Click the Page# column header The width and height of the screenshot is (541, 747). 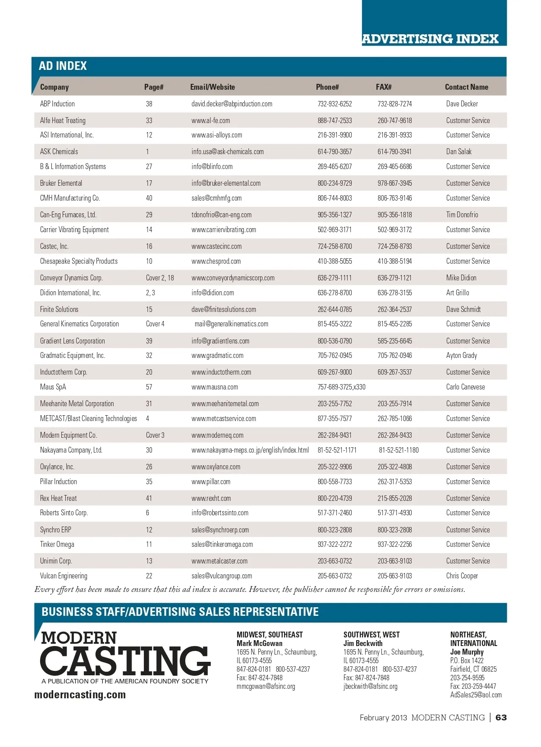[154, 87]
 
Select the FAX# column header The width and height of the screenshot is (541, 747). [384, 87]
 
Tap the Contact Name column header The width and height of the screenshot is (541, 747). [466, 87]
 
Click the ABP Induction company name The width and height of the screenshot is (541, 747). [57, 104]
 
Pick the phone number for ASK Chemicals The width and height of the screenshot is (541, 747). [335, 151]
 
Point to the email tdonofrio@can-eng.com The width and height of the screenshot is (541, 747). [221, 215]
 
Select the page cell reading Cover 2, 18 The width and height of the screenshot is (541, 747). [160, 278]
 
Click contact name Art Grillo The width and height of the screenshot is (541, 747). [458, 293]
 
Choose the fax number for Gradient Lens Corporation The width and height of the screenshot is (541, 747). [394, 341]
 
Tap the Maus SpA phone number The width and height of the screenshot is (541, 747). [341, 387]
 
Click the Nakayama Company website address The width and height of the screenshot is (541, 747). [250, 450]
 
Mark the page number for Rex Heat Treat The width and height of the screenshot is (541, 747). [149, 498]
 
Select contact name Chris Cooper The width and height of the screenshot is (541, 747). [462, 576]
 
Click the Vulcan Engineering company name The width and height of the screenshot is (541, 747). [64, 576]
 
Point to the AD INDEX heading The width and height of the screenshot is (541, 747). [63, 66]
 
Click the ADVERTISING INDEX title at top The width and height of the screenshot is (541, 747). [430, 39]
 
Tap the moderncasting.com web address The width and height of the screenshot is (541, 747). [80, 695]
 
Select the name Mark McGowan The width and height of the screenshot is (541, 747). [259, 643]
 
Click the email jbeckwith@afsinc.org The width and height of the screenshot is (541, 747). [370, 686]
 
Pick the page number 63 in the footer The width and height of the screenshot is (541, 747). [501, 717]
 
